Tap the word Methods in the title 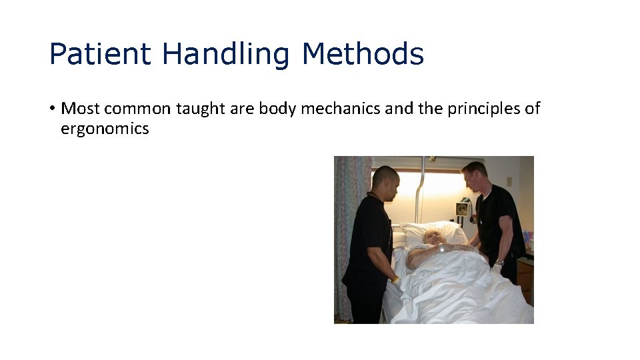pyautogui.click(x=363, y=53)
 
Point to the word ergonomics pyautogui.click(x=105, y=129)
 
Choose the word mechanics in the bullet pyautogui.click(x=341, y=108)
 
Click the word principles pyautogui.click(x=483, y=109)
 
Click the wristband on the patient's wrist pyautogui.click(x=441, y=248)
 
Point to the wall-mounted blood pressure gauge pyautogui.click(x=461, y=209)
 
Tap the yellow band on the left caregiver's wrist pyautogui.click(x=395, y=280)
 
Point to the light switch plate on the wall pyautogui.click(x=509, y=181)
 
